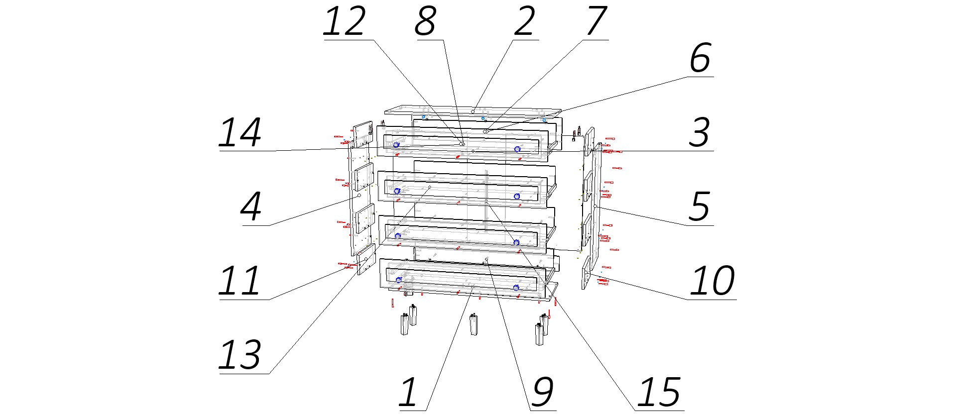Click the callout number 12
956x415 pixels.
pyautogui.click(x=345, y=21)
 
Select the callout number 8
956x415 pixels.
pyautogui.click(x=426, y=21)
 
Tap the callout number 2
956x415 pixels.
pyautogui.click(x=525, y=21)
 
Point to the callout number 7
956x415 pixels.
pyautogui.click(x=596, y=21)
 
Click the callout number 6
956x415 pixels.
pyautogui.click(x=700, y=58)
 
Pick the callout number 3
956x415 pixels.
pyautogui.click(x=700, y=132)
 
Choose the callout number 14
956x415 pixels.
pyautogui.click(x=240, y=132)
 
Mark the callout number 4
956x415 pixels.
pyautogui.click(x=251, y=207)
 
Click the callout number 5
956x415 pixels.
pyautogui.click(x=700, y=207)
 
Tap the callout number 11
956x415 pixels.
pyautogui.click(x=240, y=281)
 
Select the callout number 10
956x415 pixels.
pyautogui.click(x=713, y=281)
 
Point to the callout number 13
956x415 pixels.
pyautogui.click(x=240, y=355)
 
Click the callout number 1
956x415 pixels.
pyautogui.click(x=408, y=393)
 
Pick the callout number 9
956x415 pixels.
pyautogui.click(x=543, y=393)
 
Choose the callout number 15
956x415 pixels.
pyautogui.click(x=659, y=393)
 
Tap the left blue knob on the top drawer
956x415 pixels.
pyautogui.click(x=396, y=145)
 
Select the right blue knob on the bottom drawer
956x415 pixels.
pyautogui.click(x=516, y=288)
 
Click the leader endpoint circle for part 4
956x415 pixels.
pyautogui.click(x=359, y=196)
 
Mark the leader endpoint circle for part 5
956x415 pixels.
pyautogui.click(x=596, y=206)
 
